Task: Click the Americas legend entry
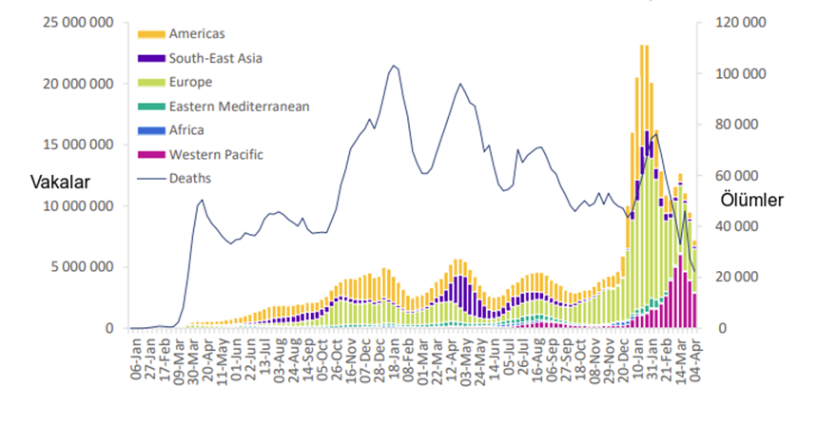[197, 34]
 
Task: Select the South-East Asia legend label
[215, 58]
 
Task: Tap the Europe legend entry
[190, 83]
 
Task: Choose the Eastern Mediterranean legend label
[238, 106]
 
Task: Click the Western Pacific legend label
[216, 154]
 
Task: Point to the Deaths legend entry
[190, 177]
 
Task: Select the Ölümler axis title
[752, 201]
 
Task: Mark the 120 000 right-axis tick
[735, 22]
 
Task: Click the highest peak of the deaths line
[393, 66]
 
